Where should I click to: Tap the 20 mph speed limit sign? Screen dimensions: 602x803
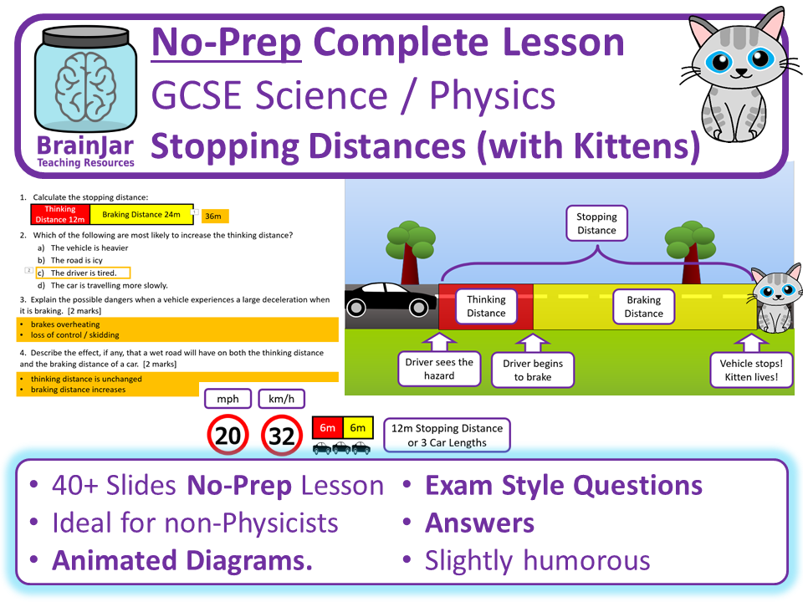tap(227, 435)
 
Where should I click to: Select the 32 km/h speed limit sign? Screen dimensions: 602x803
tap(282, 435)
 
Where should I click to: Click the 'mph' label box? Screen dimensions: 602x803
tap(228, 399)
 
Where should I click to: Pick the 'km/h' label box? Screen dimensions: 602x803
tap(282, 399)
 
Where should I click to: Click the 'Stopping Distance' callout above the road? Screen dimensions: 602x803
tap(596, 223)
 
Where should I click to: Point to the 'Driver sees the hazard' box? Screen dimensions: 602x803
tap(439, 370)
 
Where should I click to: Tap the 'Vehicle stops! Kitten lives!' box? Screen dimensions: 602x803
tap(750, 370)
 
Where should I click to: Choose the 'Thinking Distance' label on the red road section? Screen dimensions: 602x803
tap(486, 306)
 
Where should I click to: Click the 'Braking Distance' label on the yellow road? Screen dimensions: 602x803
tap(643, 306)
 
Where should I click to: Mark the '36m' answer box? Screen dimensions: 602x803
tap(212, 216)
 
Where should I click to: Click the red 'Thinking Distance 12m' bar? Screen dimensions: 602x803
tap(60, 215)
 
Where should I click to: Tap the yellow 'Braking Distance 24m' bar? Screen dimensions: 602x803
tap(141, 215)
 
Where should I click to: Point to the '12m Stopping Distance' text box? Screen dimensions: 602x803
tap(447, 435)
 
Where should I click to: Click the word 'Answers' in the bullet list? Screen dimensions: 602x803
tap(479, 523)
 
